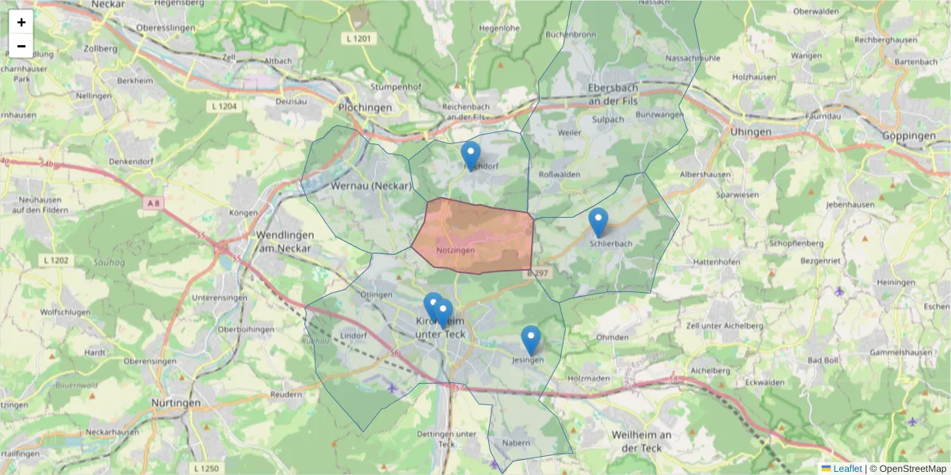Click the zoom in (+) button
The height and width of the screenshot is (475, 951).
coord(21,22)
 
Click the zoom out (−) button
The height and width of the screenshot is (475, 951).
coord(21,46)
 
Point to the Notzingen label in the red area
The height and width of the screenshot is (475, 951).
coord(455,250)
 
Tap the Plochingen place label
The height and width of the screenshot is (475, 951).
coord(365,107)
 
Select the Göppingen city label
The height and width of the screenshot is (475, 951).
coord(908,136)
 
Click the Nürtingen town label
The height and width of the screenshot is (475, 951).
coord(176,403)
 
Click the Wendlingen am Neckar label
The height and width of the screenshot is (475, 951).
coord(284,241)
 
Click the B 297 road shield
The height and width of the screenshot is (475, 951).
coord(537,272)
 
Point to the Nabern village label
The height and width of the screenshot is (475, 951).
coord(515,443)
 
